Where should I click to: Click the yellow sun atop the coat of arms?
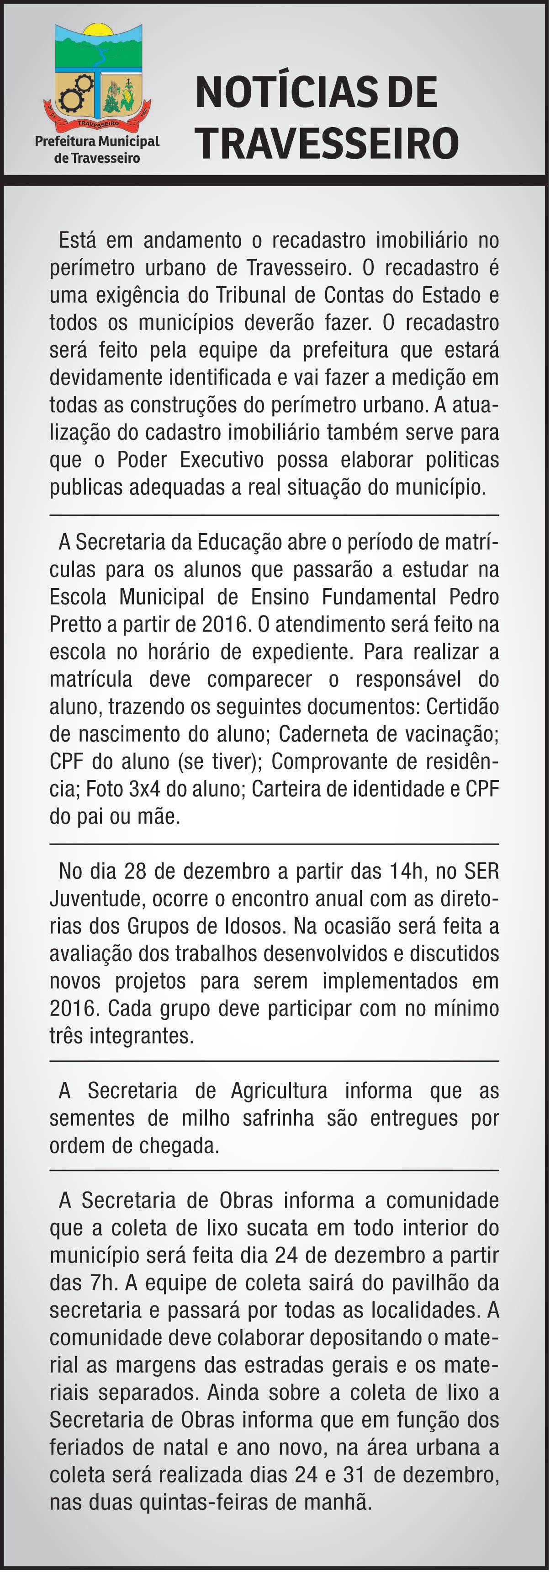98,29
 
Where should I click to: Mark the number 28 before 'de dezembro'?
135,871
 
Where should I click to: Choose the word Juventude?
95,898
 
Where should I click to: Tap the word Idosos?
254,926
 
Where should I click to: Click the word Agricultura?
279,1091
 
